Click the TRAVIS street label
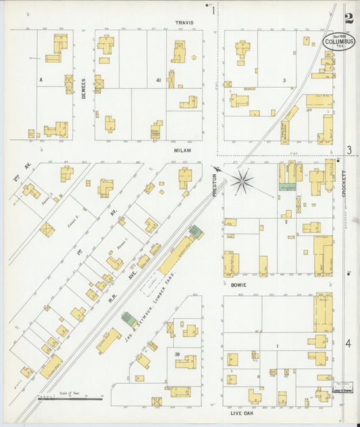184,22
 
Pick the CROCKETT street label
344,183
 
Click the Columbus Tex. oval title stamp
338,41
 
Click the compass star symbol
242,180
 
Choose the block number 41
158,80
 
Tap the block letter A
41,80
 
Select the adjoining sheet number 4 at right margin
349,344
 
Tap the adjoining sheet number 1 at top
213,10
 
